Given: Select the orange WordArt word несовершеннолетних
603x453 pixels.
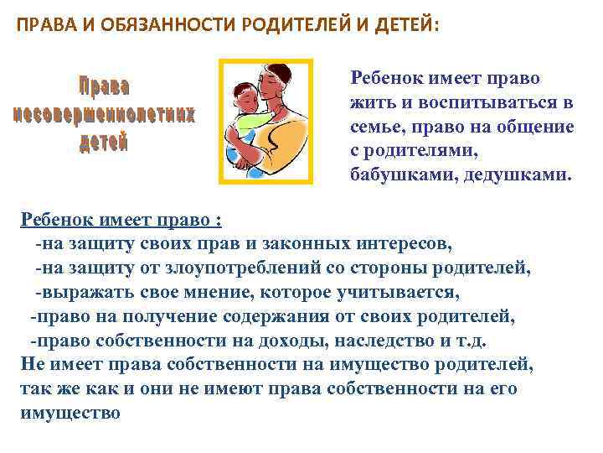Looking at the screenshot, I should point(105,114).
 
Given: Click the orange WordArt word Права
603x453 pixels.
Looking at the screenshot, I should point(105,87).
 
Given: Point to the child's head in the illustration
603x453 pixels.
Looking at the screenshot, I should point(244,94).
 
